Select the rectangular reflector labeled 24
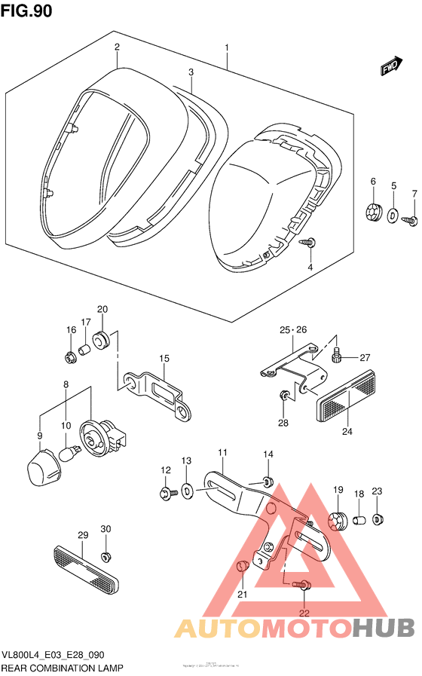[348, 396]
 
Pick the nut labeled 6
[372, 213]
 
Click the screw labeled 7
[412, 219]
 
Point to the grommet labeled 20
[104, 341]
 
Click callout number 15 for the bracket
[163, 359]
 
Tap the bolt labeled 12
[164, 494]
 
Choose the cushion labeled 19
[338, 521]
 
